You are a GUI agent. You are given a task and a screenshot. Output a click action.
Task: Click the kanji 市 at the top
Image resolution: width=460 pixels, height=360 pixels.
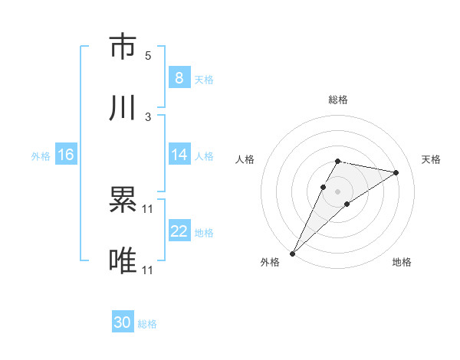point(123,47)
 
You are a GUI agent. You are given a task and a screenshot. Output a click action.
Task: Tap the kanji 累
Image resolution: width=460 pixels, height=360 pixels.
point(123,201)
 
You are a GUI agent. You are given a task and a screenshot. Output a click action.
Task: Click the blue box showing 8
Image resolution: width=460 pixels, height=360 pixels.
point(179,77)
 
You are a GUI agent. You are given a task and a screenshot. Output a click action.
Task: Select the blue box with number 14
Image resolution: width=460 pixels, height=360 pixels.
point(179,155)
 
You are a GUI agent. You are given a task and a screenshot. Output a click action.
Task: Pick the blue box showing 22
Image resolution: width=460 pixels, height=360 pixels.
point(179,231)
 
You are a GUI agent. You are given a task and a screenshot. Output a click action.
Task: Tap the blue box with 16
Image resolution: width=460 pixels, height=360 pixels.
point(66,155)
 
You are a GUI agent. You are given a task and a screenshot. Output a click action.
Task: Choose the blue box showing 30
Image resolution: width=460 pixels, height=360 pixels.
point(123,322)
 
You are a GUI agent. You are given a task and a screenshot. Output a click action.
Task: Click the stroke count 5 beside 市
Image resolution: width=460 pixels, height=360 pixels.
point(148,56)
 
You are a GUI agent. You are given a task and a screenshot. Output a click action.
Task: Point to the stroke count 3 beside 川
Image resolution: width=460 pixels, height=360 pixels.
point(148,117)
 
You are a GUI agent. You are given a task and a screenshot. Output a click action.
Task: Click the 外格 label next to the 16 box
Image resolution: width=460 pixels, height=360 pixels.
point(41,155)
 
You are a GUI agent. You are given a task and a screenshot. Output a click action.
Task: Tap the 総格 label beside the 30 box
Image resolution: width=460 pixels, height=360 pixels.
point(147,324)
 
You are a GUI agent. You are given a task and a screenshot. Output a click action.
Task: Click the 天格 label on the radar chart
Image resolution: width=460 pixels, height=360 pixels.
point(431,159)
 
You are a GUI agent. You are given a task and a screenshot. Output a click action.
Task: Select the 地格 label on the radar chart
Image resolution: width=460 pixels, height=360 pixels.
point(402,263)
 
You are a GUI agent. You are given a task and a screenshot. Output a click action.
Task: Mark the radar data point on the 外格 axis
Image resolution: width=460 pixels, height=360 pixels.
point(292,253)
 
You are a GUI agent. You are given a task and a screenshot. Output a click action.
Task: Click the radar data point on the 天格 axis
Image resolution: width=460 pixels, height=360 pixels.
point(396,172)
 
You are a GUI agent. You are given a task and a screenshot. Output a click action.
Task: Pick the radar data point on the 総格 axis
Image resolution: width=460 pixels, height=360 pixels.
point(337,161)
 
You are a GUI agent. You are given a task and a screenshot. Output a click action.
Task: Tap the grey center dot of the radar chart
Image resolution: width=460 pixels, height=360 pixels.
point(337,191)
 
